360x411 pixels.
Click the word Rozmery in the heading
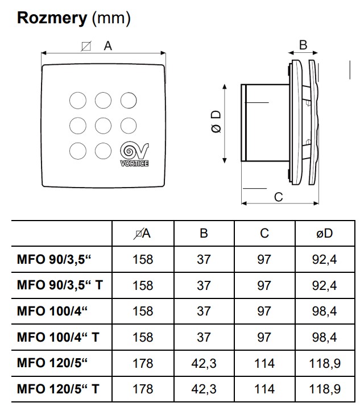(52, 18)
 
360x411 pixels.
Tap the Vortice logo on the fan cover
(134, 154)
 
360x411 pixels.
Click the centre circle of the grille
(103, 126)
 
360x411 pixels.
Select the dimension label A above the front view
(107, 46)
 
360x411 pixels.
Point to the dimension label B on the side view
(303, 45)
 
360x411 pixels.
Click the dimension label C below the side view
(279, 197)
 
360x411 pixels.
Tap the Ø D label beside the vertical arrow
(216, 122)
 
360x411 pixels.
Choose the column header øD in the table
(325, 233)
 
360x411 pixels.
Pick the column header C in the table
(264, 233)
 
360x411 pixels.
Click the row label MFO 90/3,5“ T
(60, 285)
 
